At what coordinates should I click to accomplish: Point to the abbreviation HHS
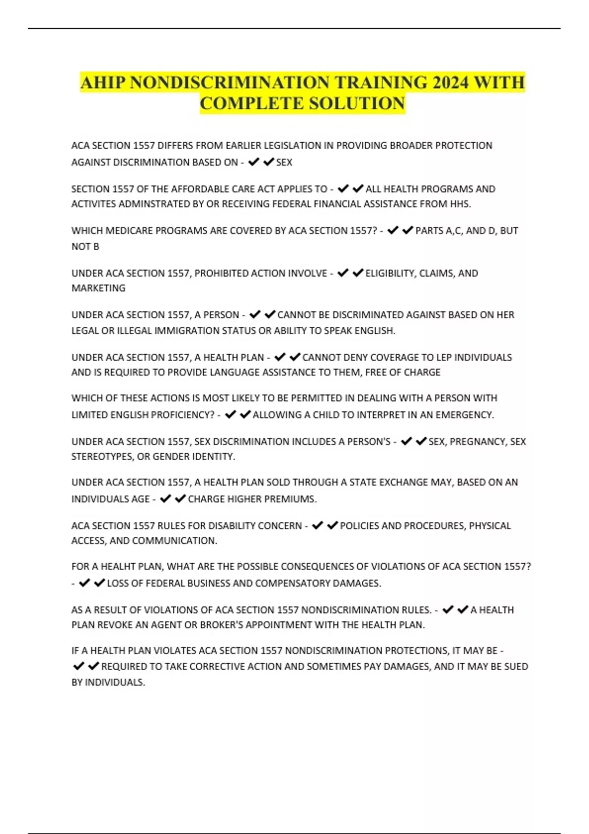(x=460, y=204)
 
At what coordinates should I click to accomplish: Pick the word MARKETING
(x=98, y=288)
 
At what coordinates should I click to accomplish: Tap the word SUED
(x=515, y=666)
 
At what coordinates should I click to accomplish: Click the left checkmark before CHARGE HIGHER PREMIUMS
(x=165, y=498)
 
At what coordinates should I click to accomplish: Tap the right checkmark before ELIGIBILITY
(x=358, y=273)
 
